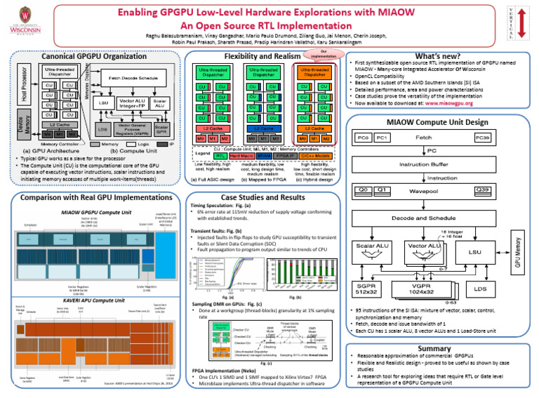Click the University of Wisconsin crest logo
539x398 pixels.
[26, 21]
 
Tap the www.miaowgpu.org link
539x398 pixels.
[464, 103]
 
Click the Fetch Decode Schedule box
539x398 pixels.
[133, 78]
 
